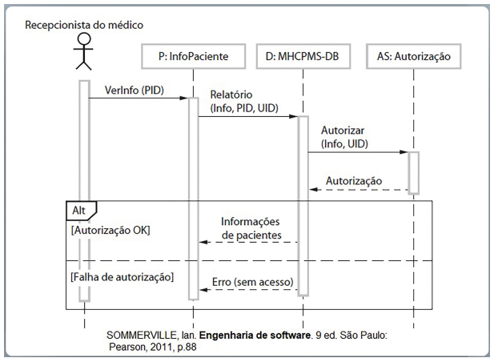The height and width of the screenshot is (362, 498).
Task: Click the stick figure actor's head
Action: click(84, 42)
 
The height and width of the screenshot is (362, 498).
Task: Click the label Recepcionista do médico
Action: click(84, 25)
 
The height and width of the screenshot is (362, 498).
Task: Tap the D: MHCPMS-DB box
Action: click(303, 57)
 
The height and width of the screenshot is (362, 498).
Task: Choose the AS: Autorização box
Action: click(413, 57)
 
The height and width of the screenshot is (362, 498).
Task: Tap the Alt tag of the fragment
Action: click(79, 210)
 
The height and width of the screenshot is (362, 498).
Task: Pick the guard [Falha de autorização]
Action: click(122, 276)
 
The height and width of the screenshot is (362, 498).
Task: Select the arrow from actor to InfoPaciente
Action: click(138, 99)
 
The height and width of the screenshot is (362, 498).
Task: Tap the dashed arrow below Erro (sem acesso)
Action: click(248, 291)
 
